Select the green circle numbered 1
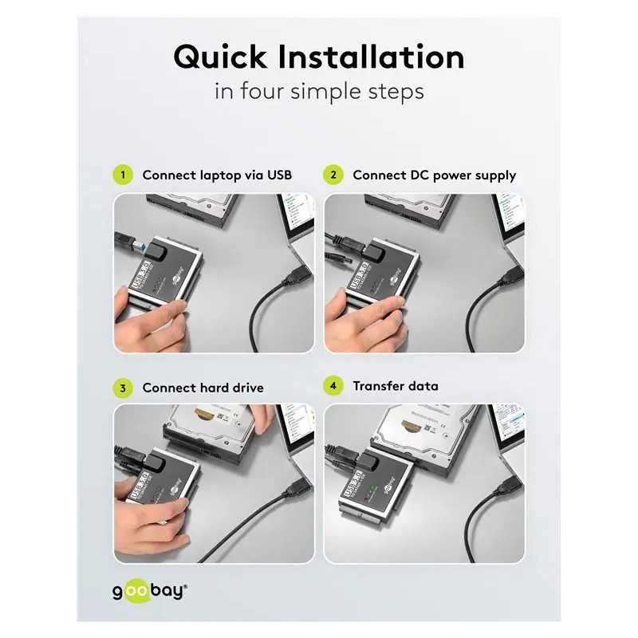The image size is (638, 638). pos(123,175)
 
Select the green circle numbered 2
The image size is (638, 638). pos(333,175)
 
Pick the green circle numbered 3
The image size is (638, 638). pos(123,388)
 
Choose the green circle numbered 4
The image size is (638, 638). pos(333,386)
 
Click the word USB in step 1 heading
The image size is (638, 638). pos(279,175)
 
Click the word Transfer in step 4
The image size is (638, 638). pos(380,386)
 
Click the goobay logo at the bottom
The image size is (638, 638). pos(149,592)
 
